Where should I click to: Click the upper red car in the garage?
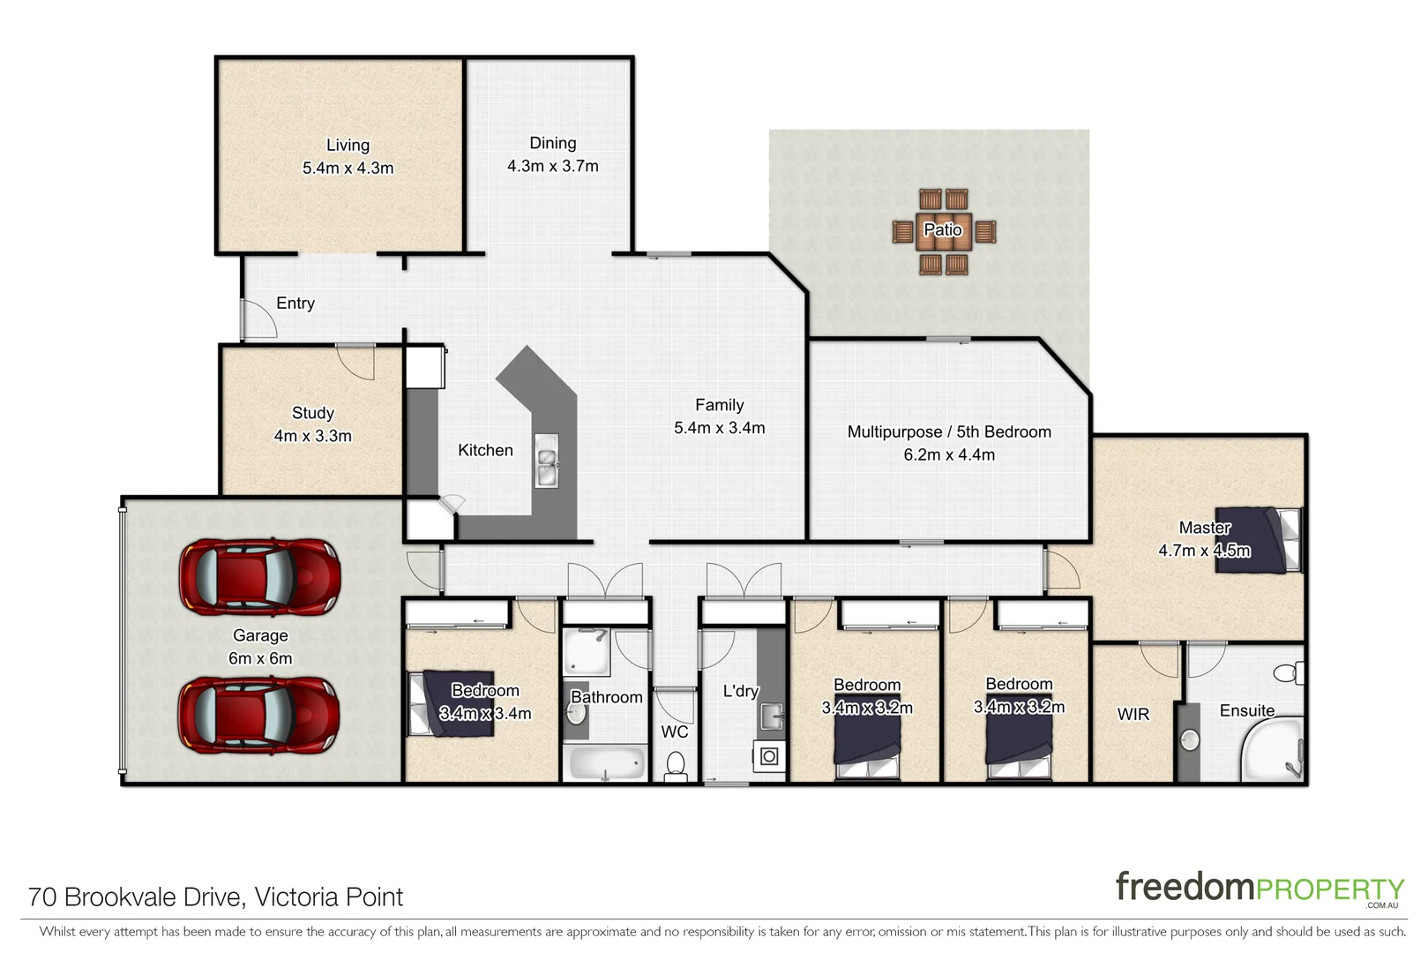[x=259, y=578]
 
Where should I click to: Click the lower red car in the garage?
[x=259, y=714]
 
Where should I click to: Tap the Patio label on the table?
[x=942, y=230]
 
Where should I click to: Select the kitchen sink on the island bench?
[x=546, y=461]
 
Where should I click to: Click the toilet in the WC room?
[x=676, y=764]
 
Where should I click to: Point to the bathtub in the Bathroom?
[x=606, y=762]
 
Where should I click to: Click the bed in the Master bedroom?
[x=1257, y=539]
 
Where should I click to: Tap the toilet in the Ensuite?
[x=1288, y=673]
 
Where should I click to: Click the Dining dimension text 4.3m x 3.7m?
[x=552, y=166]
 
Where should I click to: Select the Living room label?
[x=348, y=145]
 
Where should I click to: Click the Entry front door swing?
[x=258, y=319]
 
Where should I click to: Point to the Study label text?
[x=312, y=413]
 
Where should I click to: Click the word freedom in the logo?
[x=1184, y=887]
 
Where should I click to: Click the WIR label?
[x=1133, y=714]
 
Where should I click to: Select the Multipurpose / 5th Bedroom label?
[x=948, y=431]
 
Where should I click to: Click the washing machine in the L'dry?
[x=768, y=756]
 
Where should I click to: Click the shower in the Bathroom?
[x=586, y=651]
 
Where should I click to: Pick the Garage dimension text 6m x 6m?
[x=259, y=658]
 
